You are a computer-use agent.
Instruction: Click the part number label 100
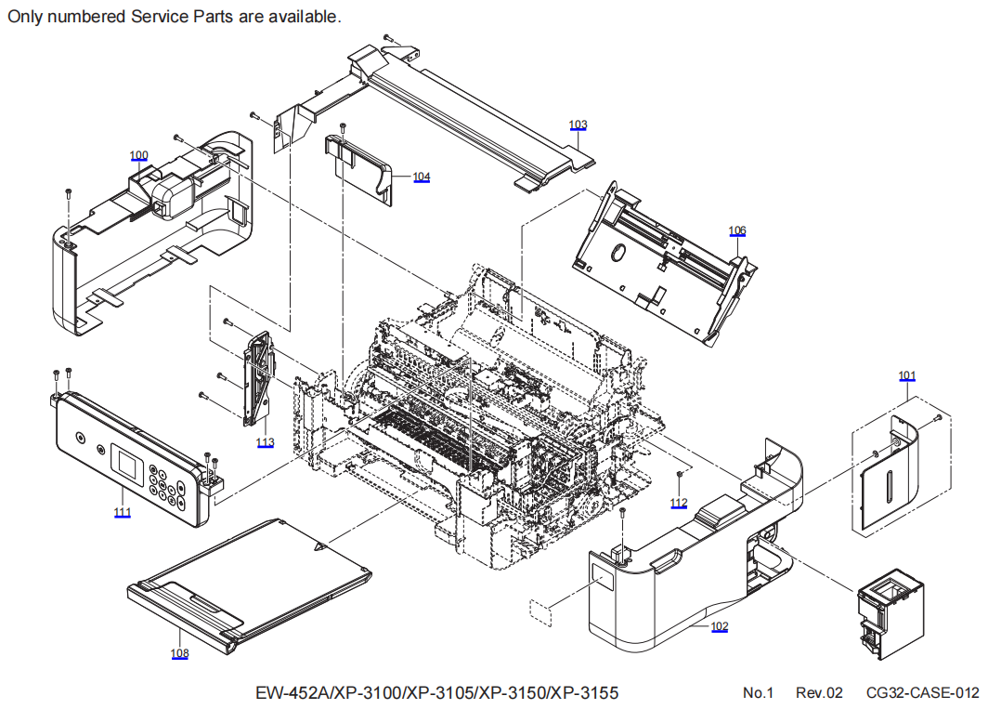point(138,155)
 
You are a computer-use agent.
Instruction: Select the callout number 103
point(578,125)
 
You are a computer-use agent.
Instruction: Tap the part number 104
point(422,177)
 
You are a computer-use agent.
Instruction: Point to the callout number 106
point(737,230)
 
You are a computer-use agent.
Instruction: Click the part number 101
point(907,375)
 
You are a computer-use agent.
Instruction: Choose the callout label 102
point(719,626)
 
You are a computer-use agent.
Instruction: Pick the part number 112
point(680,503)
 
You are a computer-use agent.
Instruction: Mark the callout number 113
point(266,442)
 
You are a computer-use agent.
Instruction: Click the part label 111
point(123,512)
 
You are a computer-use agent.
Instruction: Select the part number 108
point(179,653)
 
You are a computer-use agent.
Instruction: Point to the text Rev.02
point(819,693)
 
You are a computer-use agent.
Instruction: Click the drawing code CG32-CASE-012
point(922,693)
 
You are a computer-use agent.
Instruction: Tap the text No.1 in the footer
point(758,693)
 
